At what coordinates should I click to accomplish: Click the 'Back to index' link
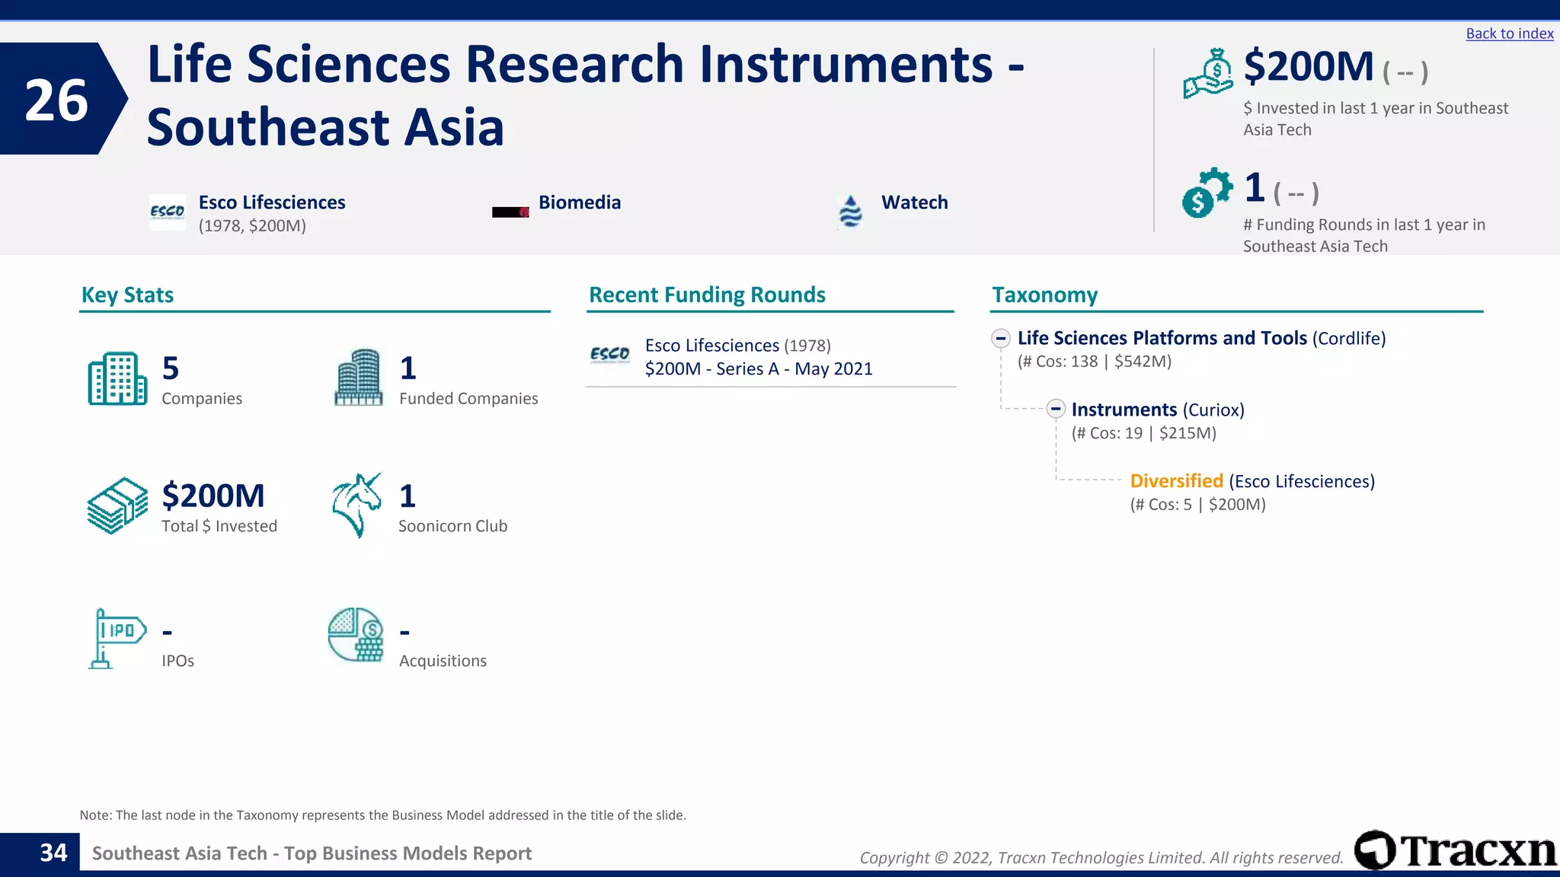[1509, 33]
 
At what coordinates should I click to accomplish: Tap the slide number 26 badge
[57, 100]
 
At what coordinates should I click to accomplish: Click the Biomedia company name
[579, 203]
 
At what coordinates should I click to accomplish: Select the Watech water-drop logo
[850, 211]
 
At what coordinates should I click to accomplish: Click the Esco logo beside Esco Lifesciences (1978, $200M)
[167, 212]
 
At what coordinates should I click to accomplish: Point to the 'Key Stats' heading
[127, 295]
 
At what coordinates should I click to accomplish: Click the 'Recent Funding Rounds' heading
[707, 295]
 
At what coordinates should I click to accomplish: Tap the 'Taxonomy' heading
[1044, 295]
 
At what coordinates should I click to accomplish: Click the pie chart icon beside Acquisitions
[356, 635]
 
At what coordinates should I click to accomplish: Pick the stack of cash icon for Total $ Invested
[117, 505]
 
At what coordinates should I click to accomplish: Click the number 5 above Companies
[171, 368]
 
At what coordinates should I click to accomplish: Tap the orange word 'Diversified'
[1176, 481]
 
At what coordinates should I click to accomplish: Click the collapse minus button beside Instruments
[1056, 409]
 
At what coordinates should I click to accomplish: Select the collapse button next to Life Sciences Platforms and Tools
[1001, 338]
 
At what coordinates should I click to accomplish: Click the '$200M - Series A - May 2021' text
[759, 369]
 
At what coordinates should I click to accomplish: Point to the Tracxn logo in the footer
[1456, 850]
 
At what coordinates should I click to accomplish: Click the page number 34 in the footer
[53, 853]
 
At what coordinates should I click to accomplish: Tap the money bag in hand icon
[1208, 74]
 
